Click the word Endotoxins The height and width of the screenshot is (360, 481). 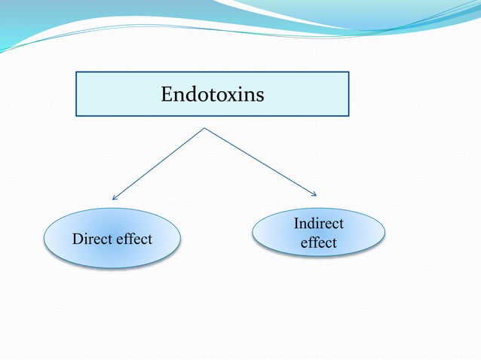212,95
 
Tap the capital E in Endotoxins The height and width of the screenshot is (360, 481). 167,95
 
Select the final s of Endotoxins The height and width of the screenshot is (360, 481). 259,96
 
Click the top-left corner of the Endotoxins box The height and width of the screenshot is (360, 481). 76,72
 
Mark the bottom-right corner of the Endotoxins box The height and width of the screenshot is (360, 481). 348,115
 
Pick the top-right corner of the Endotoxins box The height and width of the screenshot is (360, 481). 348,72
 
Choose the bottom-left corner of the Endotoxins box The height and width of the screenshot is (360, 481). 76,115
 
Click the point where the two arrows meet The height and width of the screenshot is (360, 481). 204,128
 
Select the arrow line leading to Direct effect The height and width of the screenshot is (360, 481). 159,163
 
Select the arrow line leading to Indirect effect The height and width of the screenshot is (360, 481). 260,161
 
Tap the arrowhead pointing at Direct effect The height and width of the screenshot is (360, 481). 114,198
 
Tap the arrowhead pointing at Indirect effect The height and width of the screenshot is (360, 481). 315,194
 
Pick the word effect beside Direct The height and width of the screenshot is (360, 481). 133,239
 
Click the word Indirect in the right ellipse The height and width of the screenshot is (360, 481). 318,224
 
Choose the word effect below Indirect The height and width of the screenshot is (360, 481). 318,243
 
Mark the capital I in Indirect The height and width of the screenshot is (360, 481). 296,224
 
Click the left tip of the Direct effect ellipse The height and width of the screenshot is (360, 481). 45,239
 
